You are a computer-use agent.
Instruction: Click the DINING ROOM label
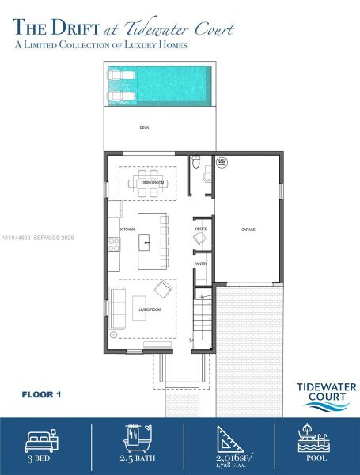coord(153,183)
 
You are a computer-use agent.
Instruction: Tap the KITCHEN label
coord(128,230)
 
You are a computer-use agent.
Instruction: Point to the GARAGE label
coord(248,230)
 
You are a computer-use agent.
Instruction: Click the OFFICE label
coord(201,230)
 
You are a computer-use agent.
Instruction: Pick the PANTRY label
coord(201,264)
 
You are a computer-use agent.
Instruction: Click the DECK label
coord(144,127)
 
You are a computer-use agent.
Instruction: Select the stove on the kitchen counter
coord(113,244)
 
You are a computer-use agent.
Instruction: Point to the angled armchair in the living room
coord(163,288)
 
